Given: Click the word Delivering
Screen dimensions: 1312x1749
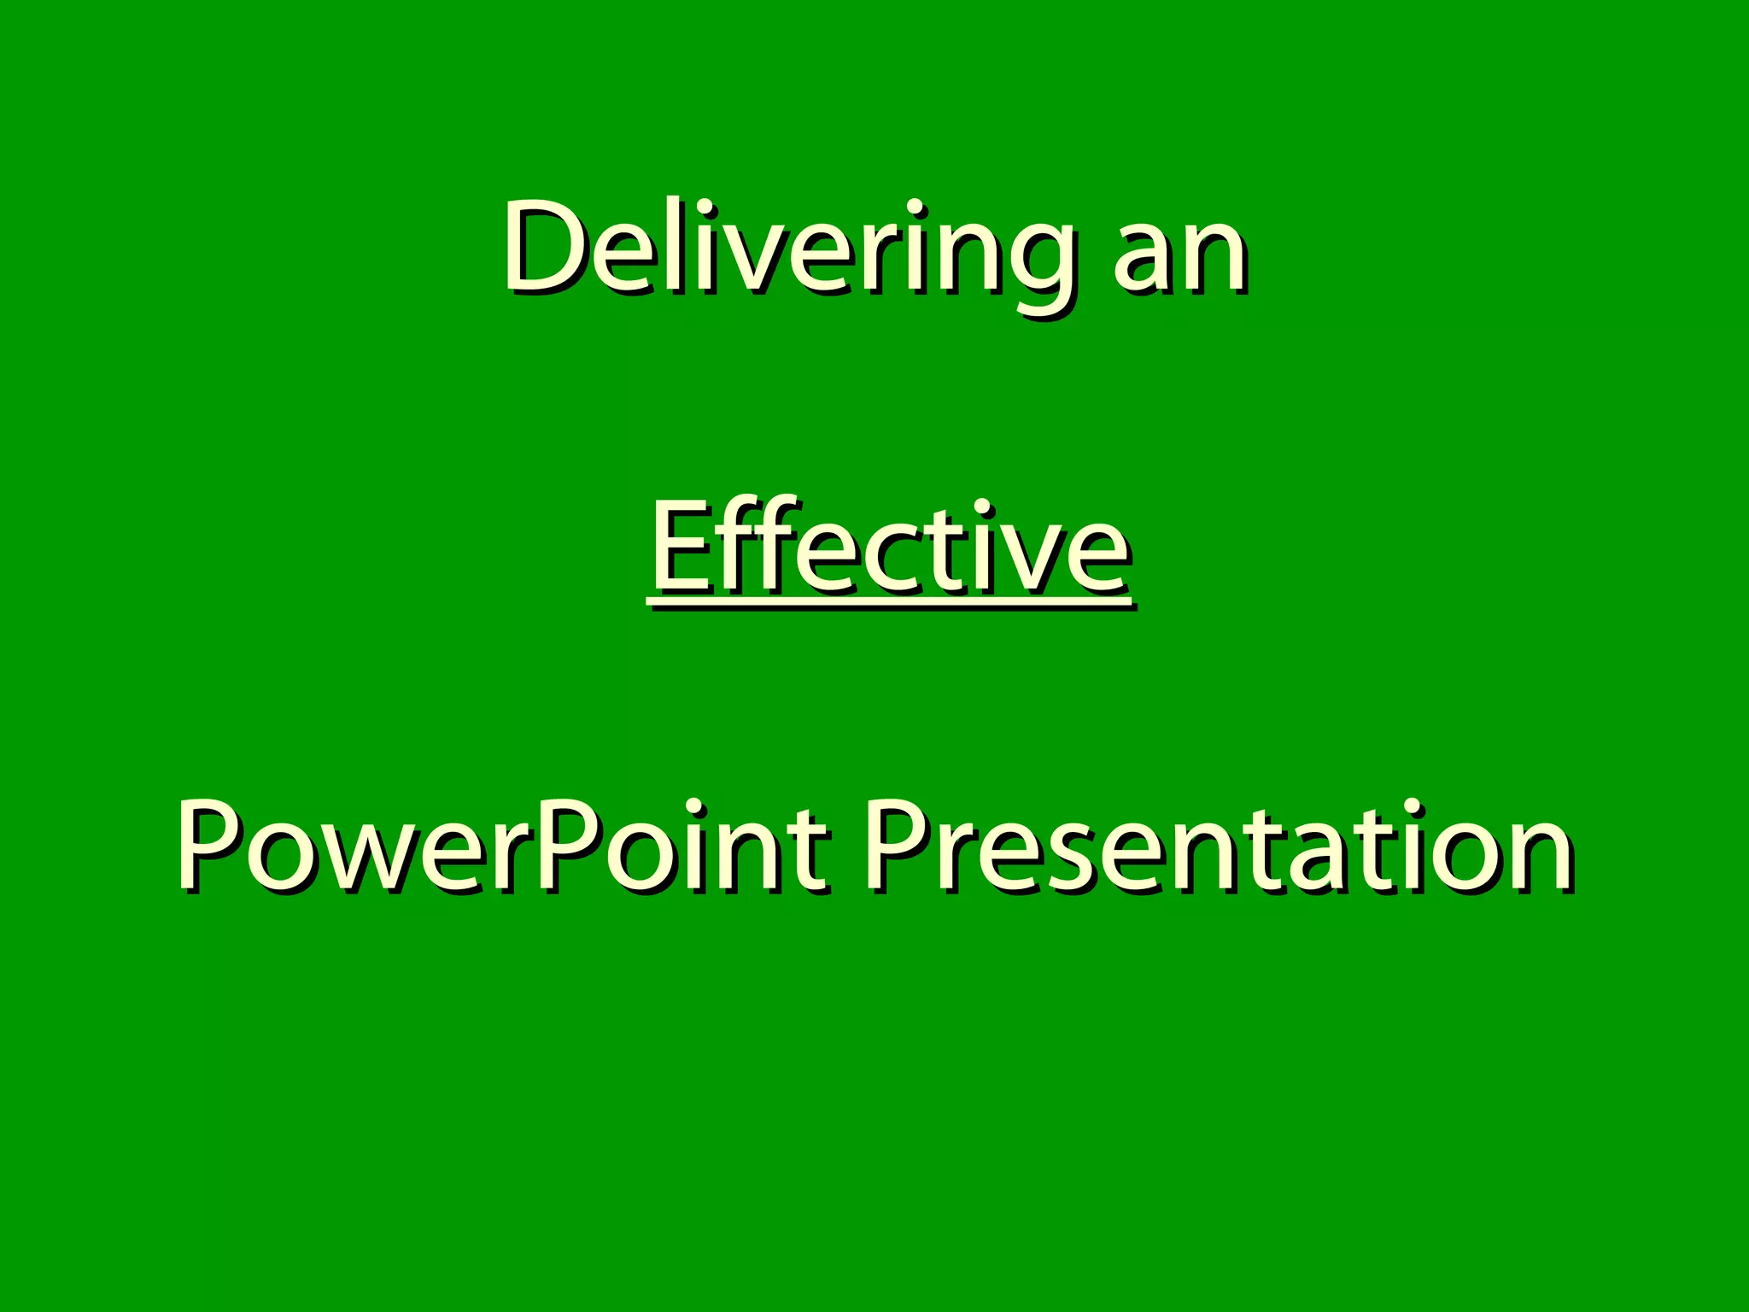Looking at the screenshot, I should click(x=786, y=248).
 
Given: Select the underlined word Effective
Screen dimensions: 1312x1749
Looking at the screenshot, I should click(x=888, y=547).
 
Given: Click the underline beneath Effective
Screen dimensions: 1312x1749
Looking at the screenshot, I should click(x=888, y=603).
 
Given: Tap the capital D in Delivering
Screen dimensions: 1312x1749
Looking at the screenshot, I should click(x=547, y=246).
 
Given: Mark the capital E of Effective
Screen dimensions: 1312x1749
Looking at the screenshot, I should click(x=683, y=547).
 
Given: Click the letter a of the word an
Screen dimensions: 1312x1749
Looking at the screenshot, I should click(x=1148, y=256).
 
